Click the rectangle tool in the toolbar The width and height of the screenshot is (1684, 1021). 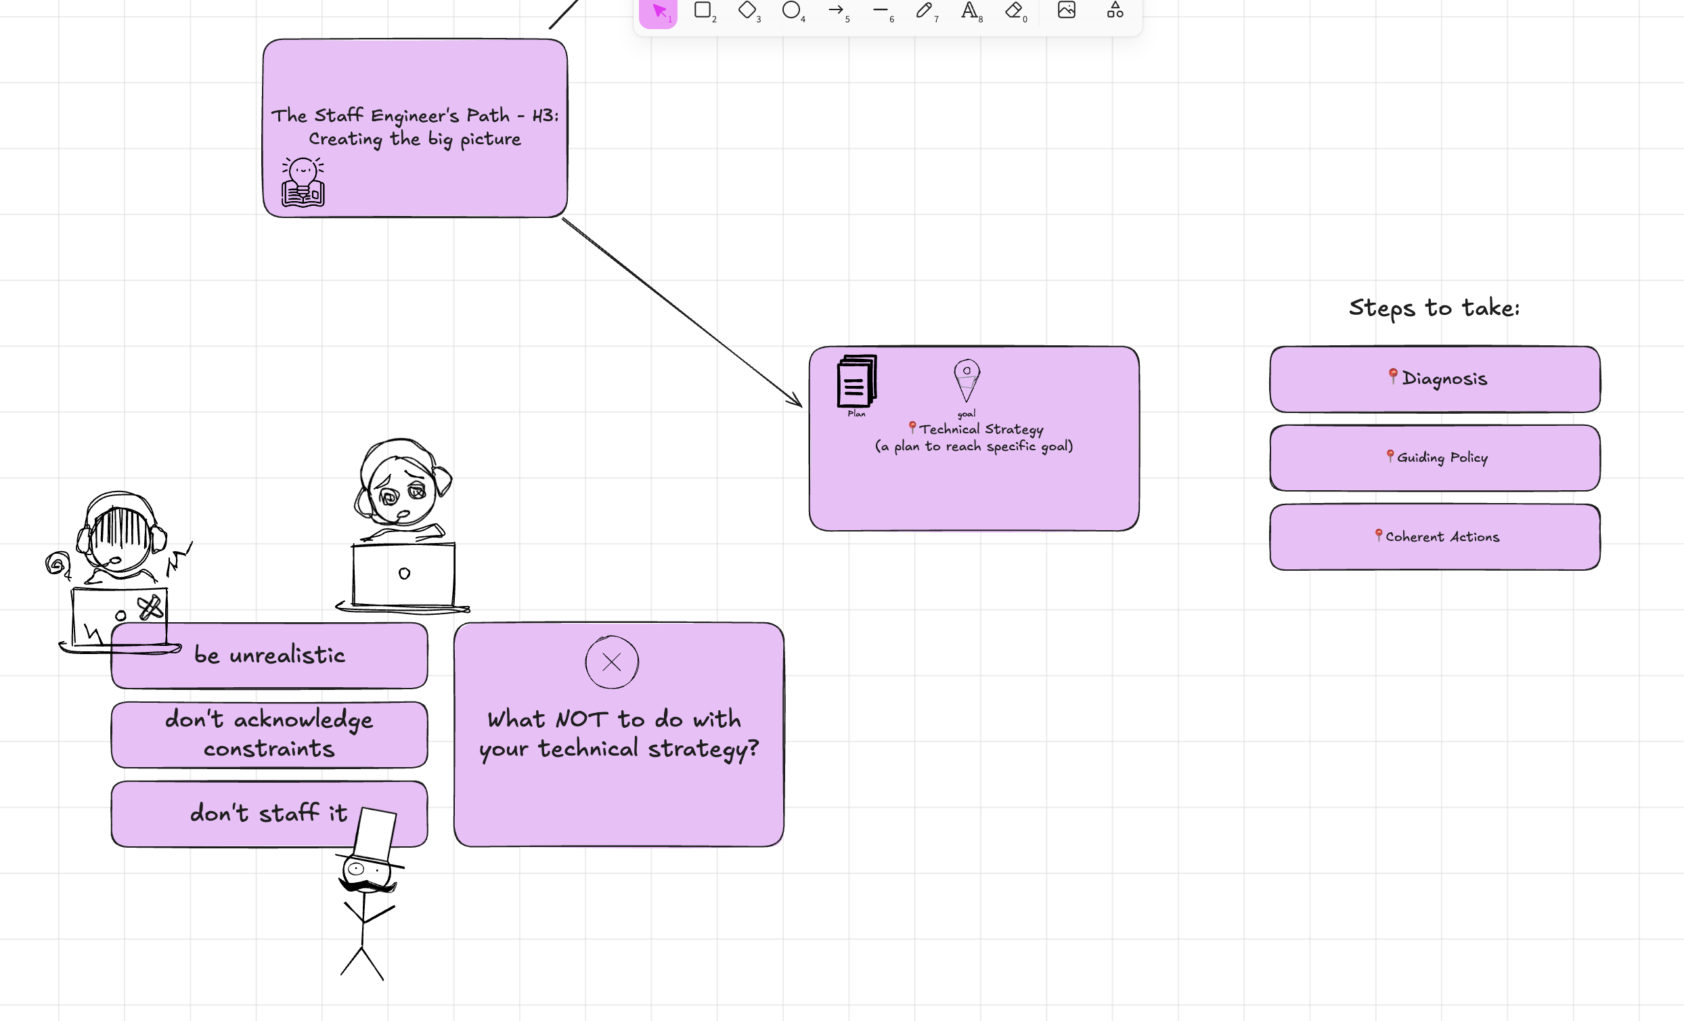tap(703, 10)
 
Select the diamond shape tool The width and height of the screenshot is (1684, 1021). tap(747, 10)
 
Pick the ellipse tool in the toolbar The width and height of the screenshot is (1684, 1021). tap(791, 10)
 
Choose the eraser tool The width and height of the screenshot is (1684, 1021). tap(1013, 10)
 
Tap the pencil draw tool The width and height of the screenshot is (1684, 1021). tap(924, 10)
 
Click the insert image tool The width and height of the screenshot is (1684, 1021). tap(1066, 10)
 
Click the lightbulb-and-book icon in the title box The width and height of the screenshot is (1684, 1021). tap(303, 182)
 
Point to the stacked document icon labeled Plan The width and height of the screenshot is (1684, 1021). tap(856, 381)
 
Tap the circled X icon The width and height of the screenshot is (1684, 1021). tap(612, 662)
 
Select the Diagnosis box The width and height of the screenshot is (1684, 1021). tap(1434, 380)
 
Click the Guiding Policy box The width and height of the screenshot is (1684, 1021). tap(1434, 458)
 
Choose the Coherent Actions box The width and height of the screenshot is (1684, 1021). tap(1434, 538)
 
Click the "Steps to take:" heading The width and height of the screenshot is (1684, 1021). tap(1434, 308)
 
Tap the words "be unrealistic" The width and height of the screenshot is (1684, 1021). tap(269, 655)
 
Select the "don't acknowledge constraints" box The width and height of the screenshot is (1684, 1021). tap(269, 735)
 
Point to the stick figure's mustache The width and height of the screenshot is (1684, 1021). tap(368, 887)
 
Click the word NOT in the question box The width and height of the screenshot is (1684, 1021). tap(581, 720)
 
